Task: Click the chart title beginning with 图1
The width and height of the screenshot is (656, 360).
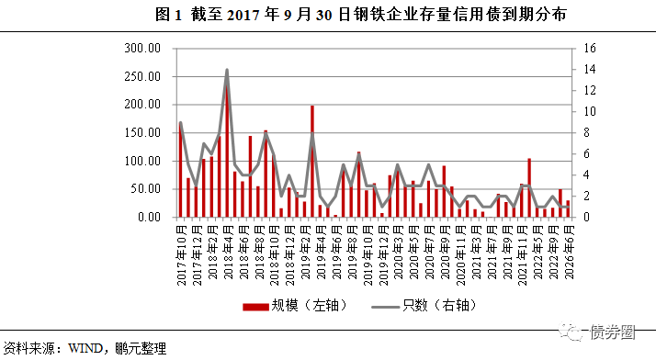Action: pyautogui.click(x=328, y=14)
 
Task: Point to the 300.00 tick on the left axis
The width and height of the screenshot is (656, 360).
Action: pyautogui.click(x=142, y=48)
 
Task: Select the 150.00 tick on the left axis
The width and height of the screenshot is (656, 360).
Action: pyautogui.click(x=142, y=132)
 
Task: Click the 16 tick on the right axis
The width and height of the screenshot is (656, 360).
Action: pyautogui.click(x=590, y=48)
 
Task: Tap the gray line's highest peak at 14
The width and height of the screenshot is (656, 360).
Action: pyautogui.click(x=227, y=70)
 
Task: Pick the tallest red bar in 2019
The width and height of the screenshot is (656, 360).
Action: pyautogui.click(x=312, y=162)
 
